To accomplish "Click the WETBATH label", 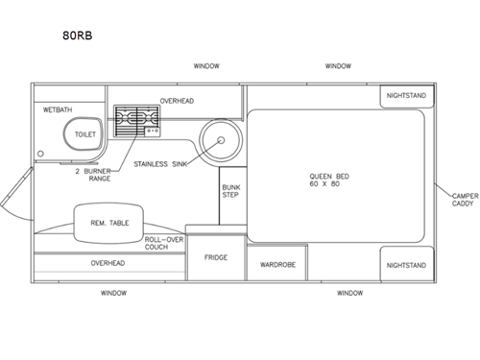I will pyautogui.click(x=59, y=110).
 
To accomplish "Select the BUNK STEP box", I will pyautogui.click(x=230, y=191).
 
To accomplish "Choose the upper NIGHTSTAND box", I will pyautogui.click(x=407, y=97).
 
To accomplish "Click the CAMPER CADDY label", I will pyautogui.click(x=465, y=200).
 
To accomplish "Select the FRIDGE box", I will pyautogui.click(x=215, y=257).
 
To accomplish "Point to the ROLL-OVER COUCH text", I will pyautogui.click(x=163, y=243).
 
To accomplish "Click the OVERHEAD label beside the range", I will pyautogui.click(x=177, y=100).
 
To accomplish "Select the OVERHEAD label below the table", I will pyautogui.click(x=108, y=262).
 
